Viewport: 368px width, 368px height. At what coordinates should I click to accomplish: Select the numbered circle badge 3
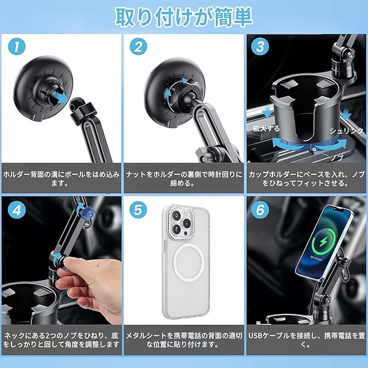[x=260, y=47]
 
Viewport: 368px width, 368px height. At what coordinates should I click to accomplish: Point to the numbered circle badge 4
[x=17, y=210]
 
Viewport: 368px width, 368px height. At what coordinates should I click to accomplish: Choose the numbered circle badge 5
[x=138, y=209]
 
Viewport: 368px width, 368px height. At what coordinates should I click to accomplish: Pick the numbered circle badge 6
[x=260, y=210]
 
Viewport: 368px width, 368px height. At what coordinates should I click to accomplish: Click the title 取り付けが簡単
[x=184, y=17]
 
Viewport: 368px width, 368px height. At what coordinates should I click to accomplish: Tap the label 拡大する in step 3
[x=266, y=128]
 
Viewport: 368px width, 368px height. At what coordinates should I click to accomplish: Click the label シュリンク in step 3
[x=346, y=131]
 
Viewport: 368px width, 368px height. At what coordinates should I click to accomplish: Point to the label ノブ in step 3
[x=338, y=158]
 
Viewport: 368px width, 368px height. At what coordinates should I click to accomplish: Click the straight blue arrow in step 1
[x=56, y=97]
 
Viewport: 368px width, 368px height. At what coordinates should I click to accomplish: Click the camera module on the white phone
[x=181, y=222]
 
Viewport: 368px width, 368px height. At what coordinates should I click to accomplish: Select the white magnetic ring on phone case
[x=189, y=262]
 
